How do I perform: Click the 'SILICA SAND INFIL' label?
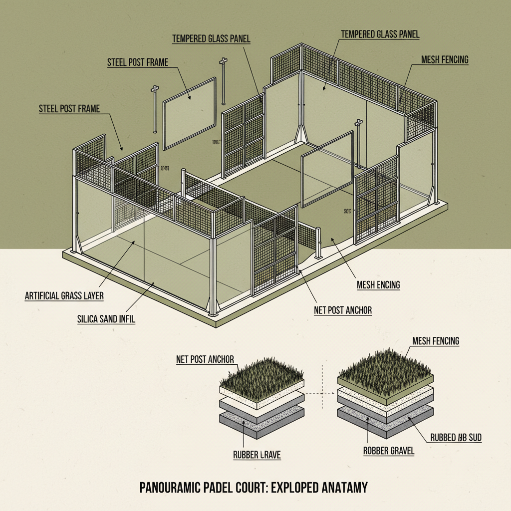point(106,318)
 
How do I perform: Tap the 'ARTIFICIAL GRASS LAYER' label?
point(64,295)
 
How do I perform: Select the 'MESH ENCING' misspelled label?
point(378,285)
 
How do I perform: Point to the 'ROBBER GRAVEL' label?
point(389,451)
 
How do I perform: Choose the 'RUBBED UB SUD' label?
point(456,438)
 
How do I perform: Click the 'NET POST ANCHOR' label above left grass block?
point(205,359)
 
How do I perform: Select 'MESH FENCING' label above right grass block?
point(436,341)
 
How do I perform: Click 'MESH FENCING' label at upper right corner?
point(445,60)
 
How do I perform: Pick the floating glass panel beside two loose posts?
point(190,112)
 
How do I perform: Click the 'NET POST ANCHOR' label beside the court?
point(342,310)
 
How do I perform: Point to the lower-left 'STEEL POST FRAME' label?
point(69,108)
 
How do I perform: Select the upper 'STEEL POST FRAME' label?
point(138,62)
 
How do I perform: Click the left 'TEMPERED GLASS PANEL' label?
point(211,38)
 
